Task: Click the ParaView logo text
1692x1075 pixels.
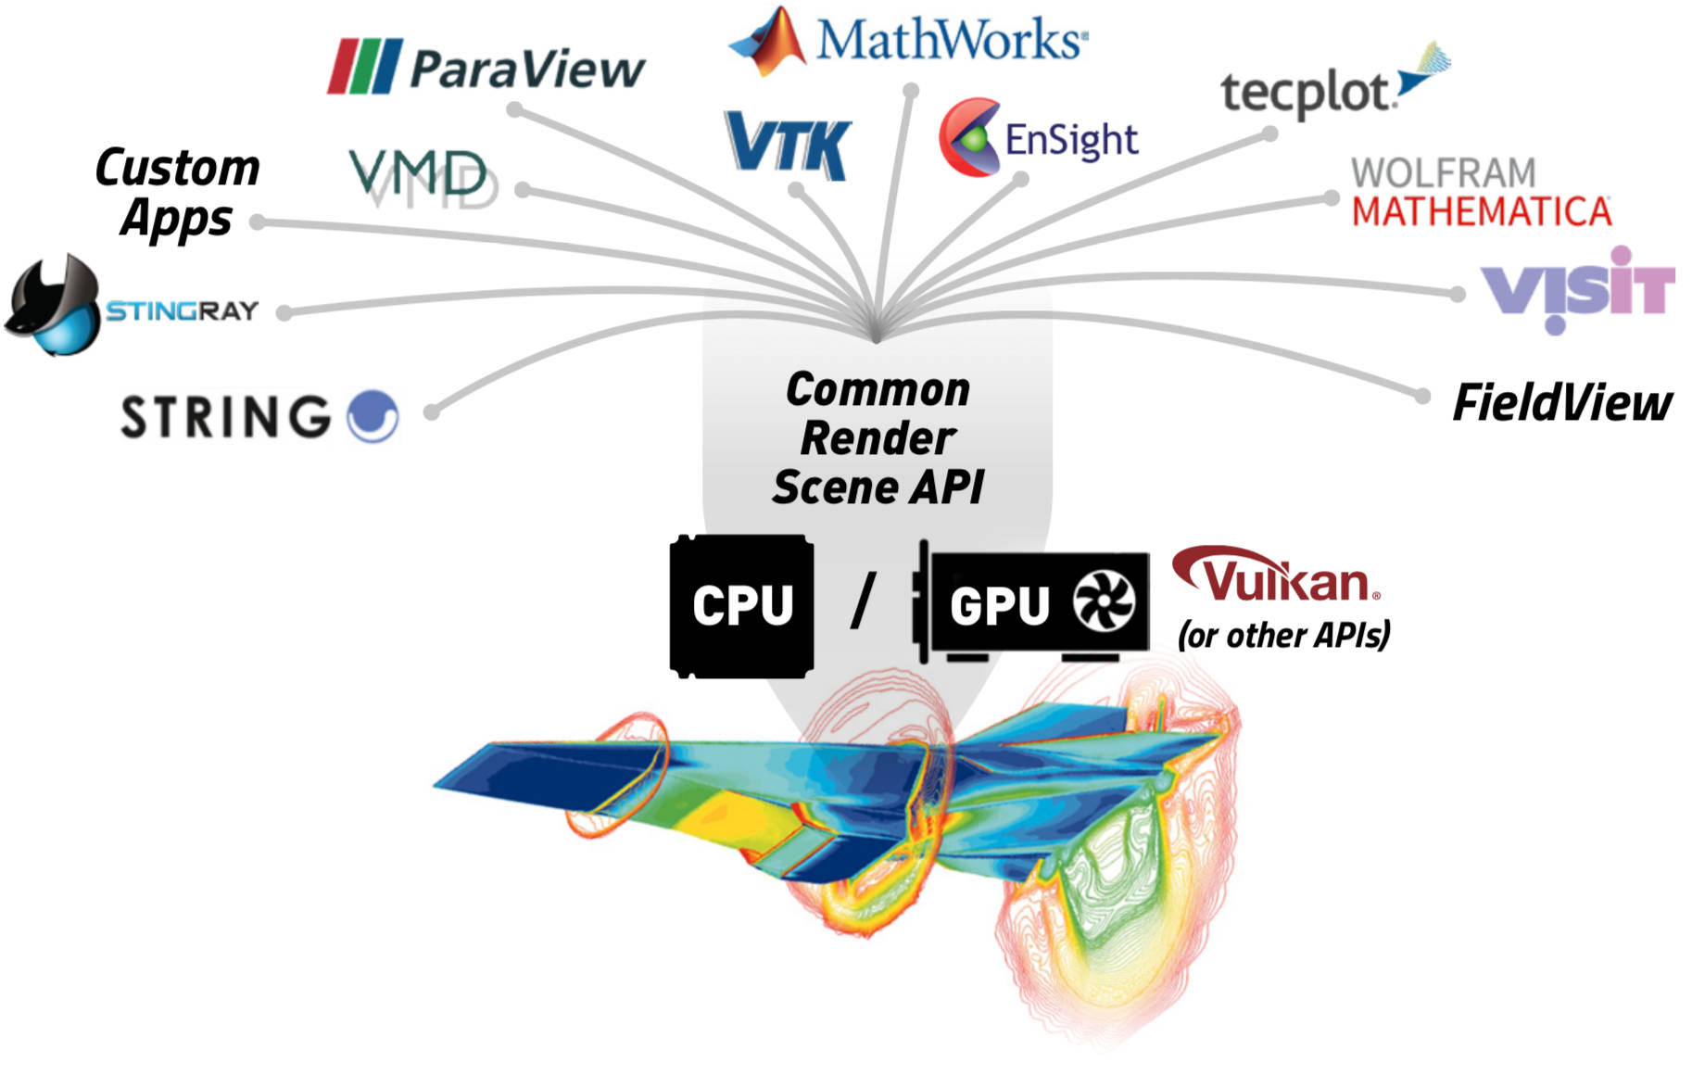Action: click(526, 69)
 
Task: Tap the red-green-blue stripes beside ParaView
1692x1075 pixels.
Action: click(364, 66)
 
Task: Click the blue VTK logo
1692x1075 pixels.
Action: click(788, 146)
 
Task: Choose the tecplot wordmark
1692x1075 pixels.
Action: click(1307, 93)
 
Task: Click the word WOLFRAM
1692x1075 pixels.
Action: click(1443, 173)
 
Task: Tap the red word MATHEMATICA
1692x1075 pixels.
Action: click(1481, 212)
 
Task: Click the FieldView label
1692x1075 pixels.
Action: click(1562, 403)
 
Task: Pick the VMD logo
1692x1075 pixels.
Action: click(419, 175)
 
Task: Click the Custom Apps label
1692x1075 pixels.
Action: click(177, 193)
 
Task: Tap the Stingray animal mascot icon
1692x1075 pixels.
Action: click(54, 306)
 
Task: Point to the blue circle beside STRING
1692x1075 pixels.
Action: click(372, 416)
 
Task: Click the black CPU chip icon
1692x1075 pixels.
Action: click(741, 605)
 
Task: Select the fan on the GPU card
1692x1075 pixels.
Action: click(1103, 602)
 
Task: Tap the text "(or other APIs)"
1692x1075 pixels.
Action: click(1283, 636)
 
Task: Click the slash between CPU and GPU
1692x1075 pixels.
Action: click(863, 602)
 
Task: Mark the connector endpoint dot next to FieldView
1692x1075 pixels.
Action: click(1422, 397)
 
